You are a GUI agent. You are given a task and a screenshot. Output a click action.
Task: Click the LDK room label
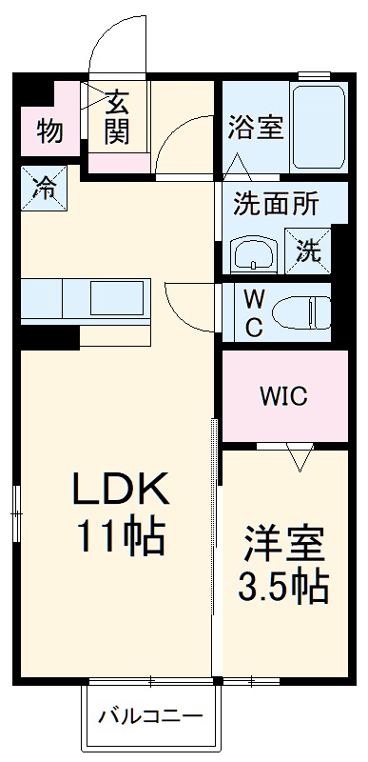(x=121, y=491)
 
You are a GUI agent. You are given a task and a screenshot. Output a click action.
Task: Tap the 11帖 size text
(x=121, y=538)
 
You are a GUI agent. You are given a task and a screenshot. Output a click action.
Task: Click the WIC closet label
(x=283, y=396)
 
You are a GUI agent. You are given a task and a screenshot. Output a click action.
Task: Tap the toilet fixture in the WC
(x=300, y=311)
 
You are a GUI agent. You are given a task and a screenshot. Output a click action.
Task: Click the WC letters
(x=253, y=311)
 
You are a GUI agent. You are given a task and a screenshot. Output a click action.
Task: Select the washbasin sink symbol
(x=254, y=255)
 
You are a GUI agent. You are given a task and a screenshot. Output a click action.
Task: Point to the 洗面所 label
(x=277, y=204)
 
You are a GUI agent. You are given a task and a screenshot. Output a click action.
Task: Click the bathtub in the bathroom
(x=317, y=127)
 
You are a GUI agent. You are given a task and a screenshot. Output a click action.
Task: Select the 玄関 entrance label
(x=117, y=117)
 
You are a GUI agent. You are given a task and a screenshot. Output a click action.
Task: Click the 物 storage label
(x=49, y=130)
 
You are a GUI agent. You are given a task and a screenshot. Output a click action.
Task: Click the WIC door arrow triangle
(x=300, y=460)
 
